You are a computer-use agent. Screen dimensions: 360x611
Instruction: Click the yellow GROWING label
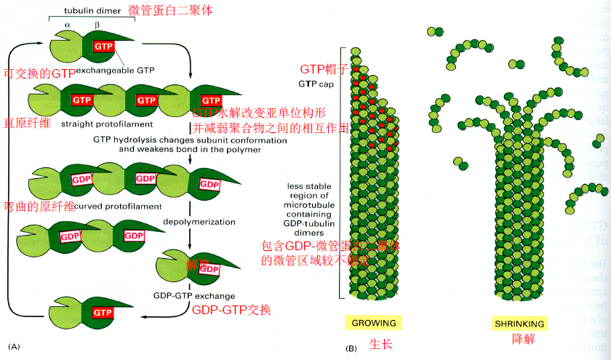[x=374, y=323]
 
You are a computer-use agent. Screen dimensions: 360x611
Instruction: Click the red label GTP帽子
[x=325, y=70]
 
